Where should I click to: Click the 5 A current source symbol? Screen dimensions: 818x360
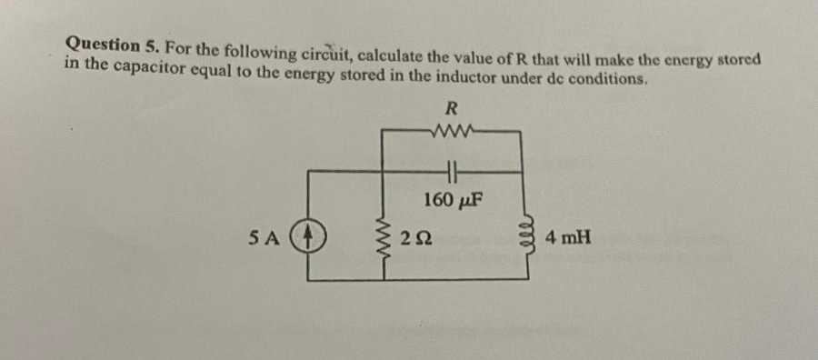[x=307, y=239]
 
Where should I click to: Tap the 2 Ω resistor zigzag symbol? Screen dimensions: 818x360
[x=382, y=239]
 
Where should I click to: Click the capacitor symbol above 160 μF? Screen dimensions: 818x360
[x=452, y=171]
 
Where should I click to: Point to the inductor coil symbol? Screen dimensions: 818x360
[x=524, y=239]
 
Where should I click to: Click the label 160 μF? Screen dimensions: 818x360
[x=452, y=198]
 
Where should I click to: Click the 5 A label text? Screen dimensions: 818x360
[x=264, y=239]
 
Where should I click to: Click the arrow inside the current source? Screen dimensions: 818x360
[x=307, y=238]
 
